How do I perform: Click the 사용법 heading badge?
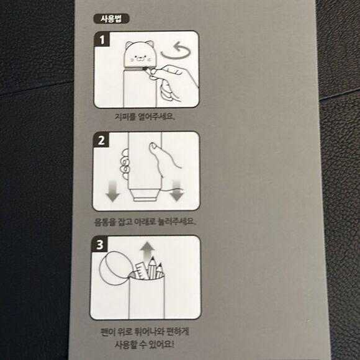pyautogui.click(x=111, y=19)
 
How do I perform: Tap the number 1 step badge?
pyautogui.click(x=102, y=40)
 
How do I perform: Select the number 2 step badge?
pyautogui.click(x=101, y=140)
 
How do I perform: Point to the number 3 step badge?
pyautogui.click(x=100, y=245)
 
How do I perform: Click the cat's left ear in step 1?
pyautogui.click(x=129, y=44)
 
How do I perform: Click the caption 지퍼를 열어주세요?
pyautogui.click(x=145, y=117)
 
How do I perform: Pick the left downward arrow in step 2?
pyautogui.click(x=112, y=191)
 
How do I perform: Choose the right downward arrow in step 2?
pyautogui.click(x=176, y=191)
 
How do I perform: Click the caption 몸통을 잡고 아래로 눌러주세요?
pyautogui.click(x=145, y=222)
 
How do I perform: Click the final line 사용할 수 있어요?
pyautogui.click(x=145, y=344)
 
